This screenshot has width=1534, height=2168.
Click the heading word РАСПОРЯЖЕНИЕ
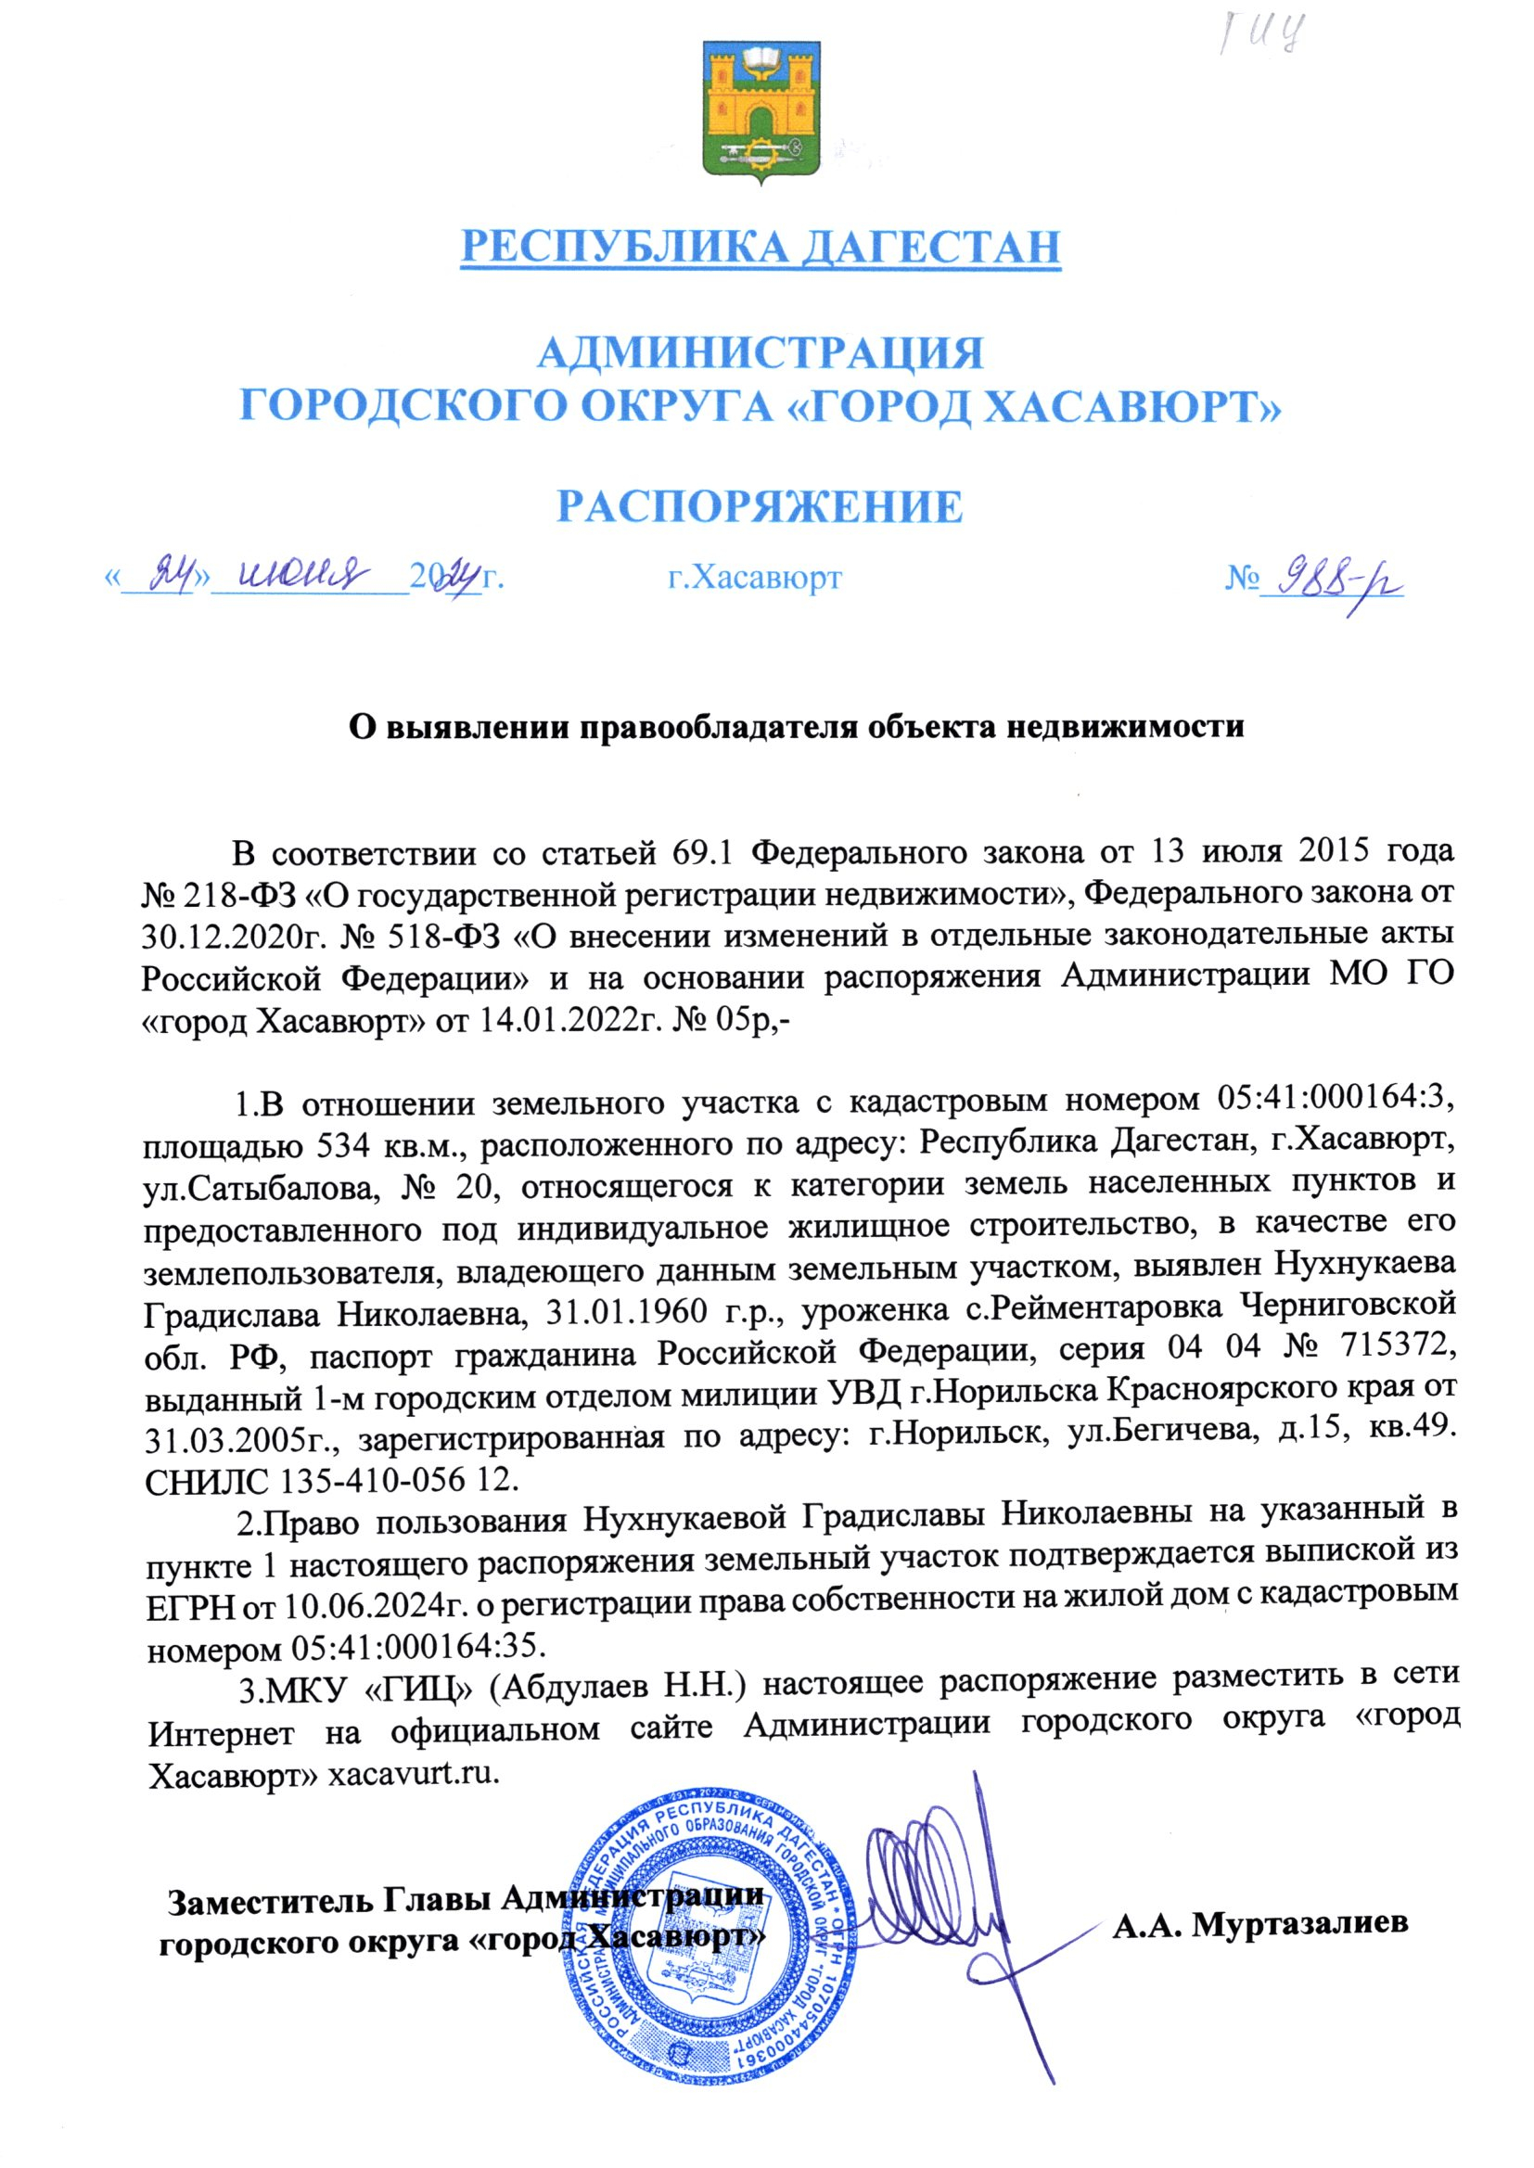[761, 507]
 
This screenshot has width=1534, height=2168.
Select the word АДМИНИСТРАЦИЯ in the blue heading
[761, 354]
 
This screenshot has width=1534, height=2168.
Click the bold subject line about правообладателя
[797, 726]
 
